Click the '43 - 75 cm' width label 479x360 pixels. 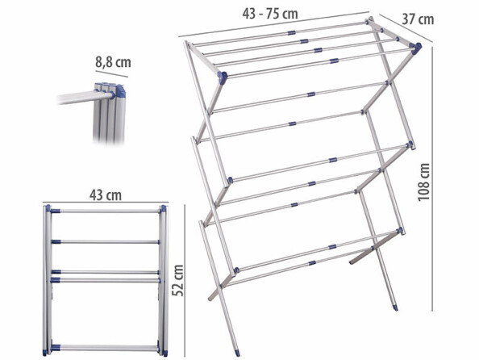coord(270,14)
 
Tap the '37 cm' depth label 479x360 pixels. coord(418,19)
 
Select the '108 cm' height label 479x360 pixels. coord(424,182)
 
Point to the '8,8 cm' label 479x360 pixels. coord(113,62)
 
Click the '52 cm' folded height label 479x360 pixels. coord(177,281)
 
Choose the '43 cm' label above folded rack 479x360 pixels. coord(106,195)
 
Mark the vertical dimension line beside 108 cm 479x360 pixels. coord(432,179)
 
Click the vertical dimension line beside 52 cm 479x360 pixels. coord(185,281)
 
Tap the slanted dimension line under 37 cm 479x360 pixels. coord(406,28)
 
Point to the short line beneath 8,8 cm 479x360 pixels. coord(111,74)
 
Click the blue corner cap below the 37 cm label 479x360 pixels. coord(417,48)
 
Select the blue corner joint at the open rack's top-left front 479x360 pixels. coord(223,77)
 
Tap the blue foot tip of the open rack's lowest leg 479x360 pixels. coord(238,353)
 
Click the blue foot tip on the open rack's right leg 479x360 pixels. coord(395,307)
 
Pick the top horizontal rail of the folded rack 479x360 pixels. coord(105,211)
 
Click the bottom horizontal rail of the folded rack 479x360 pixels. coord(105,348)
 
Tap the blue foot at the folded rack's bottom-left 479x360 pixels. coord(44,353)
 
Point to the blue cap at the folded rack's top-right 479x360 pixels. coord(164,208)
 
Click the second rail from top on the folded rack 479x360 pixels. coord(105,242)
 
